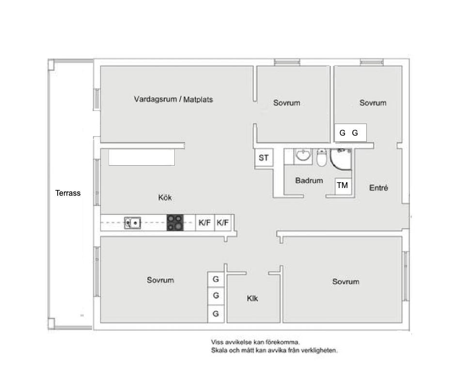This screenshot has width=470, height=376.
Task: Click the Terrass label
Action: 68,193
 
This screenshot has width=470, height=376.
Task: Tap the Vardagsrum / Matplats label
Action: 173,99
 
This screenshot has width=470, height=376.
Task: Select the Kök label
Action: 165,198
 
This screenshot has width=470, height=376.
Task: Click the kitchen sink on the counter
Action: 132,223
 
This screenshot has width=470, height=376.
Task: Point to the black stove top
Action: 175,222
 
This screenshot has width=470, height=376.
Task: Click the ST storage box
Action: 264,157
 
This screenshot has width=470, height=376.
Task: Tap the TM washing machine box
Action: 343,186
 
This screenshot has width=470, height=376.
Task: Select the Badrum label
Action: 309,181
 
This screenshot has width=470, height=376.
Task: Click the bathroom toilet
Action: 322,157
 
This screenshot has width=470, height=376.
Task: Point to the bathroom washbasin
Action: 303,156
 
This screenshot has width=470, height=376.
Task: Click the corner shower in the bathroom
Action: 341,159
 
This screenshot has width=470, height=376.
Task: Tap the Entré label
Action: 378,188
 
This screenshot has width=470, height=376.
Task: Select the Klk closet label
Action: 252,298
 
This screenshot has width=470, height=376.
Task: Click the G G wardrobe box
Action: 350,133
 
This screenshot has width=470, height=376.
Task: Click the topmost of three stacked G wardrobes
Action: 216,280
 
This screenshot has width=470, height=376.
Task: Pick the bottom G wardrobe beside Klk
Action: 216,313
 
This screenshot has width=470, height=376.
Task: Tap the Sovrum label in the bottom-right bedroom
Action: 345,282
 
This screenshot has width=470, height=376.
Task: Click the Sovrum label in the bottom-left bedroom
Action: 160,280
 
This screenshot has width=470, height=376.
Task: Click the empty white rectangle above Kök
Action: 142,157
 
